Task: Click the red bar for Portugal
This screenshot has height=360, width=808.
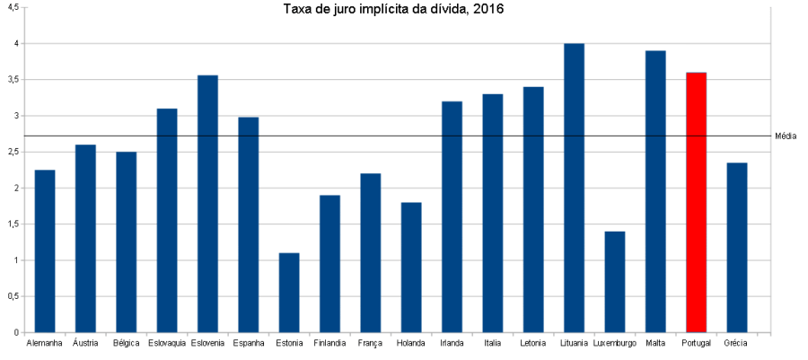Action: click(696, 203)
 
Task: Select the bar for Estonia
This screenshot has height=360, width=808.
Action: click(289, 293)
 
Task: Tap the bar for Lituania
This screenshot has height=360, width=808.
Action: click(574, 189)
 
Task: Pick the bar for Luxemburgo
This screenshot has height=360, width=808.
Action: click(615, 282)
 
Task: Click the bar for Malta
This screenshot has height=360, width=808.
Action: click(655, 192)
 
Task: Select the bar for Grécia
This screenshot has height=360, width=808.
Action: click(737, 248)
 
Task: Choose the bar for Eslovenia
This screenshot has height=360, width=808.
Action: click(207, 204)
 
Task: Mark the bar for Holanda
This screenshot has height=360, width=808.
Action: click(411, 268)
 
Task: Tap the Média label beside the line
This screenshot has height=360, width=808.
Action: click(786, 136)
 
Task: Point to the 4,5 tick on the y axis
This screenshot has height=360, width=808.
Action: click(13, 7)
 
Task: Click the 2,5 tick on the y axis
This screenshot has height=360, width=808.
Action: click(13, 153)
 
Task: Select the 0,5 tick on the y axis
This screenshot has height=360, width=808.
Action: click(13, 297)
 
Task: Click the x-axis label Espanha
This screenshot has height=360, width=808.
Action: click(248, 343)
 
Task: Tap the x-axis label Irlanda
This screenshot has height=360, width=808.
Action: click(452, 343)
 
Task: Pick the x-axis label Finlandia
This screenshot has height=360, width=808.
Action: click(329, 343)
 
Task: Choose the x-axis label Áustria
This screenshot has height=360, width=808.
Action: click(85, 343)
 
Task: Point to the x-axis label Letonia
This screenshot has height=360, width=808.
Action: click(533, 343)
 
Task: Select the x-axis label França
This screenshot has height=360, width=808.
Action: click(370, 343)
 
